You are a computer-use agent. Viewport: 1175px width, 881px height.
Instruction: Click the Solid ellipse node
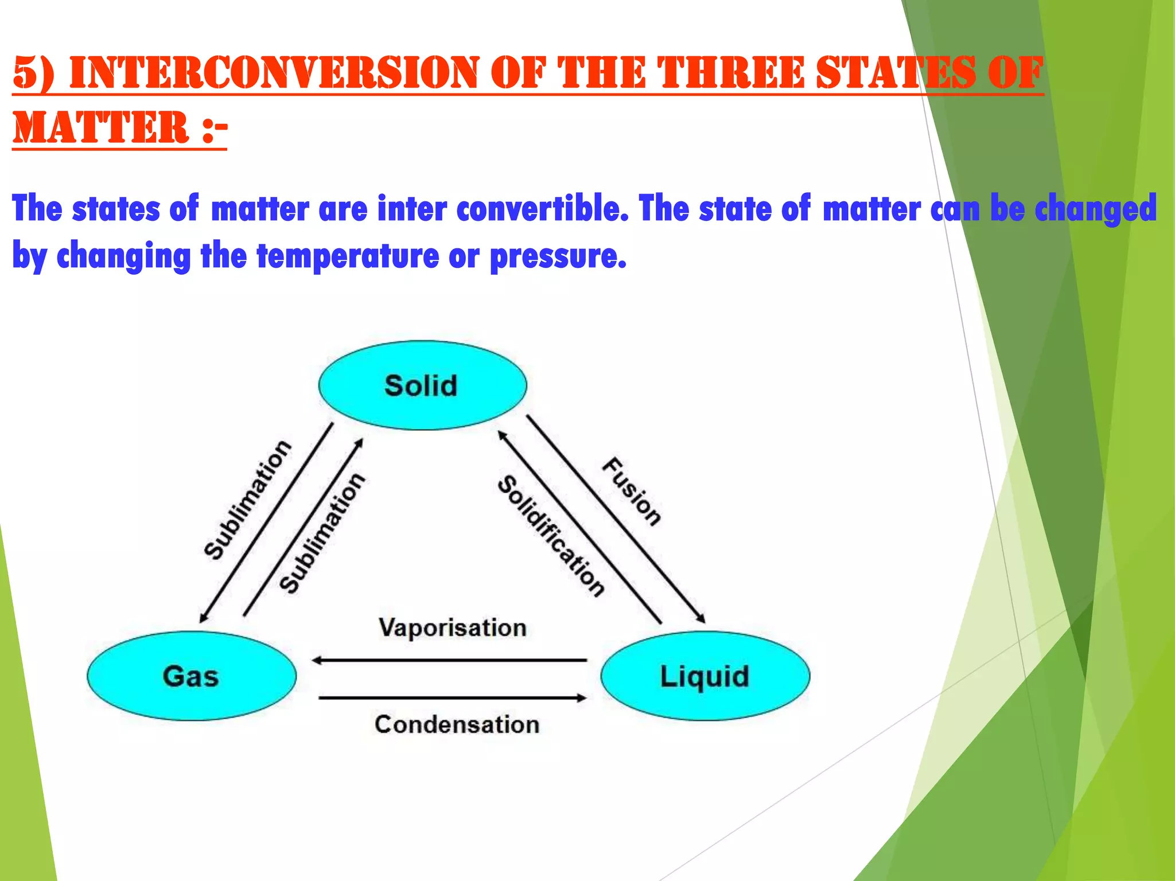click(x=422, y=385)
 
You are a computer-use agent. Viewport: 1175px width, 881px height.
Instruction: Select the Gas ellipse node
click(x=191, y=676)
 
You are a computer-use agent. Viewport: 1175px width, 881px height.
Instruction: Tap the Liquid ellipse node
click(x=705, y=676)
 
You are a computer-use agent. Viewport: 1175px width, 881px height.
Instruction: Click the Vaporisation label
click(x=452, y=627)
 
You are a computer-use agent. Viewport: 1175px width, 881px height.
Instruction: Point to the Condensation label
click(x=457, y=724)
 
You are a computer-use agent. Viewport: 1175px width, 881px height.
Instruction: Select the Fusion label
click(x=632, y=492)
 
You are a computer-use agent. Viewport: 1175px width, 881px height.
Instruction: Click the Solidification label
click(x=551, y=536)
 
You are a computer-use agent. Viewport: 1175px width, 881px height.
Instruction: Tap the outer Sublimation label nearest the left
click(x=248, y=500)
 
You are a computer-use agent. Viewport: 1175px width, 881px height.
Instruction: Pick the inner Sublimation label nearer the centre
click(x=322, y=533)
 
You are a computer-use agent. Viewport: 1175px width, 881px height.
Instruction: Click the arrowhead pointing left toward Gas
click(x=316, y=661)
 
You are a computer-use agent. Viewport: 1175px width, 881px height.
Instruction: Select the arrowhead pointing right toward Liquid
click(x=582, y=698)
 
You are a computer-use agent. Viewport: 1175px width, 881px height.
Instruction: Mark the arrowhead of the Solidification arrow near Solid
click(x=501, y=435)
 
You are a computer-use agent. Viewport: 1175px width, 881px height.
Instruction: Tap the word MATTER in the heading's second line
click(x=101, y=127)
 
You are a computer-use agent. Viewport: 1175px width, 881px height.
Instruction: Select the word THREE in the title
click(x=732, y=73)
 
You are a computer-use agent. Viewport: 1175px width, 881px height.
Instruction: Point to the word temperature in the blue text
click(x=348, y=256)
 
